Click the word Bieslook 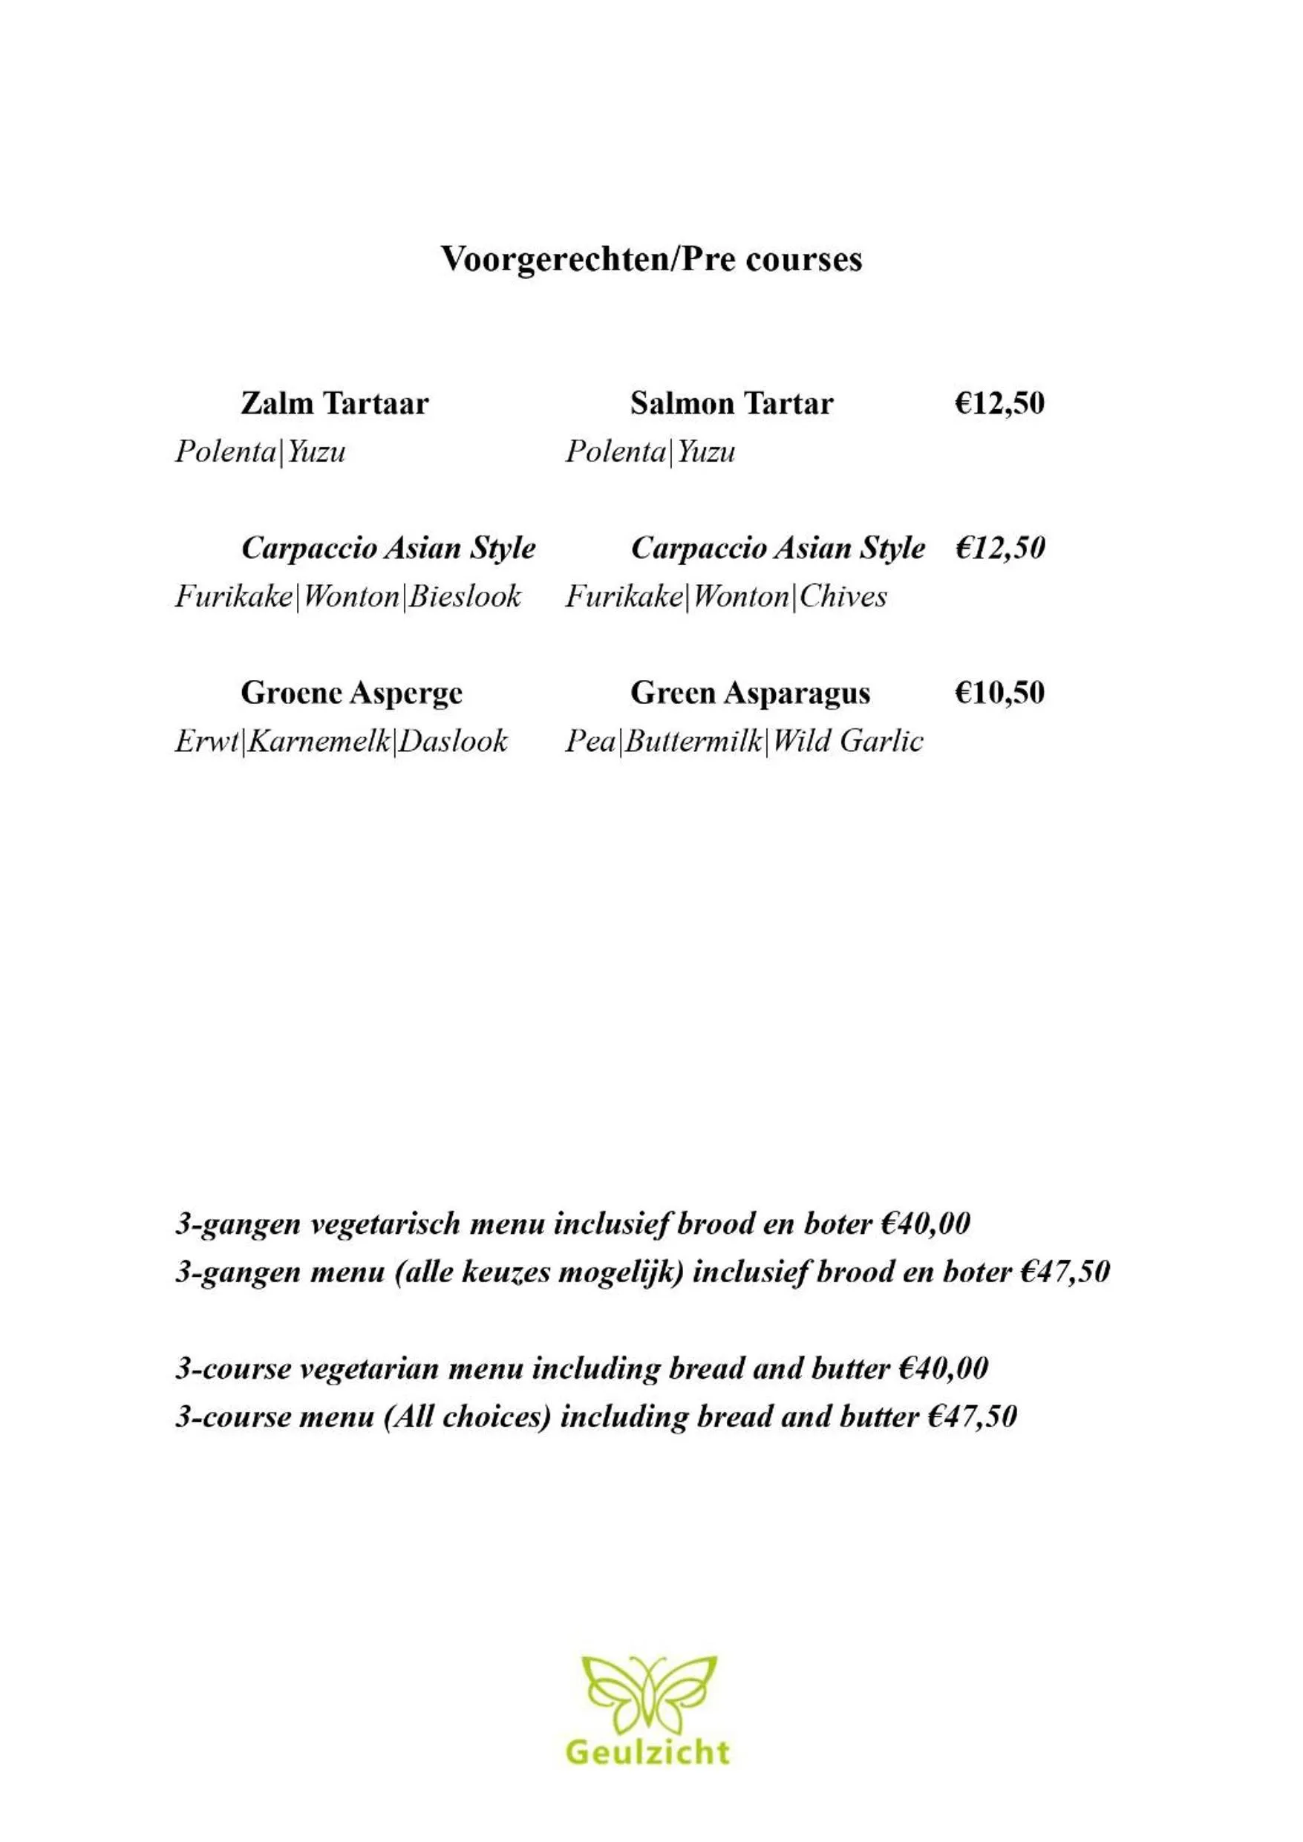pos(466,597)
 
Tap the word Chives pos(843,597)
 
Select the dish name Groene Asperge pos(351,693)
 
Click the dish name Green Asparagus pos(749,693)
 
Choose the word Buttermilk pos(693,741)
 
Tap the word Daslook pos(454,741)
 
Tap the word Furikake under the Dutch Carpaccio pos(233,597)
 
